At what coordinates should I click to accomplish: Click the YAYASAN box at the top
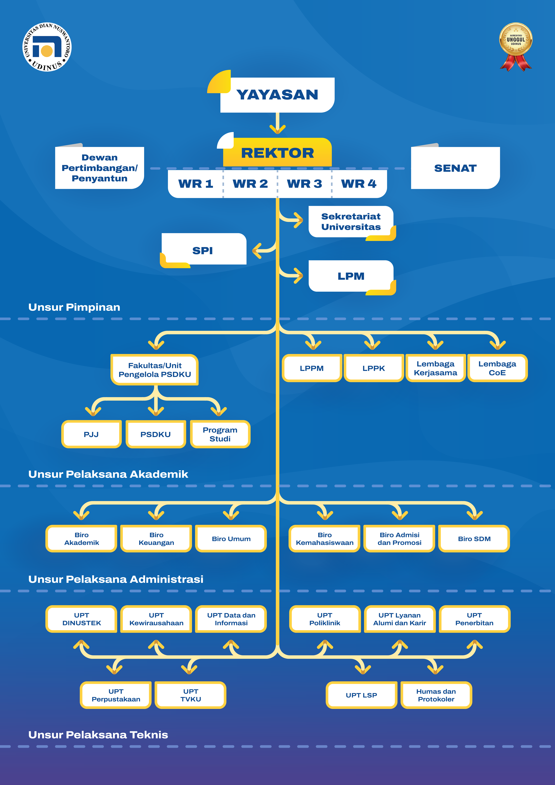click(x=277, y=95)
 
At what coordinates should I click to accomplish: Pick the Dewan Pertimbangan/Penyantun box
click(x=99, y=168)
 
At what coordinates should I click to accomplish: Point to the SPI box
click(x=203, y=250)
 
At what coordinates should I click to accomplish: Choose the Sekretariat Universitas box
click(x=351, y=222)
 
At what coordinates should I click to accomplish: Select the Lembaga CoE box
click(x=497, y=368)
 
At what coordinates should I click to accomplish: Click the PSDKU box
click(x=156, y=434)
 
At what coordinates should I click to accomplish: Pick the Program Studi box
click(x=220, y=434)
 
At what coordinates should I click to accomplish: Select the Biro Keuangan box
click(x=156, y=539)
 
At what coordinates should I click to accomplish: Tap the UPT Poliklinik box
click(x=325, y=619)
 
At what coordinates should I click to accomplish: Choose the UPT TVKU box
click(x=190, y=695)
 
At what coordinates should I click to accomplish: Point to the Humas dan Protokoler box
click(x=436, y=695)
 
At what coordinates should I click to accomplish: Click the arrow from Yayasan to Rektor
click(x=277, y=124)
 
